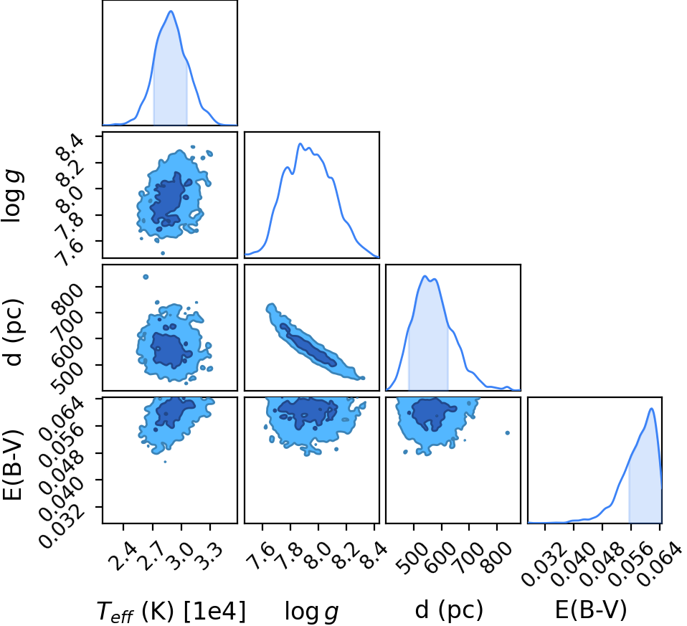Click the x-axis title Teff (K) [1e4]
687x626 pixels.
(x=171, y=611)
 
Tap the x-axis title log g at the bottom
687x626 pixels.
(x=311, y=611)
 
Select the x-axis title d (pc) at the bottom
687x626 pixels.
(x=449, y=610)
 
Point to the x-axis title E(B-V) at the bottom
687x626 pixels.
(x=591, y=610)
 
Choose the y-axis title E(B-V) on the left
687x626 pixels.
(x=12, y=465)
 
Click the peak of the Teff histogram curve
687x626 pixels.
(x=171, y=11)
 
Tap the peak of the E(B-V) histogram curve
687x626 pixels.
(x=652, y=409)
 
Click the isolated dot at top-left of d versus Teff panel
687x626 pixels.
(x=146, y=277)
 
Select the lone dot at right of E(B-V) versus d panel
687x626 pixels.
(x=508, y=433)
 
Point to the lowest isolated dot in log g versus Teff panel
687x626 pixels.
(x=163, y=253)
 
